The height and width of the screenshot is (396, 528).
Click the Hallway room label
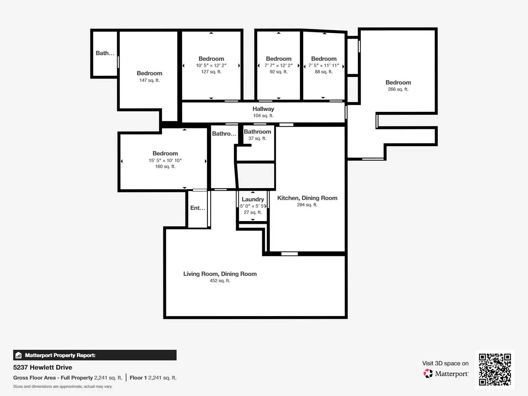(x=263, y=109)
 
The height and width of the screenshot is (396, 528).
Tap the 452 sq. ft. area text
(x=220, y=280)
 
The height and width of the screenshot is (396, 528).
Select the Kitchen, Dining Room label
(x=307, y=198)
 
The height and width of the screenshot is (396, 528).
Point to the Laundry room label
(x=253, y=199)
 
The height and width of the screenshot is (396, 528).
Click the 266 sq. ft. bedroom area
(x=398, y=89)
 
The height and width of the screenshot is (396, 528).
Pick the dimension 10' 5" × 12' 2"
(x=211, y=65)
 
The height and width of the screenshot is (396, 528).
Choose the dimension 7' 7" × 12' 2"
(x=278, y=65)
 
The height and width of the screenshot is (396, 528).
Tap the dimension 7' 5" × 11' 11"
(x=323, y=65)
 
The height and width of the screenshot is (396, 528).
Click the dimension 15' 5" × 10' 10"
(x=165, y=160)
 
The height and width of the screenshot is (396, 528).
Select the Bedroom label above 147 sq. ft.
(x=149, y=73)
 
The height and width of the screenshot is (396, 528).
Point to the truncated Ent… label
(x=198, y=208)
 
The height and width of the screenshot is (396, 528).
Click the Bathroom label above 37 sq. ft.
(x=257, y=132)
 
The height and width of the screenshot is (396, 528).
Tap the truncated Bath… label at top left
(x=105, y=53)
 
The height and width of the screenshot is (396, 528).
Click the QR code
(x=495, y=369)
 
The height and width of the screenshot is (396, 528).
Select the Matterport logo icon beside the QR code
(x=428, y=373)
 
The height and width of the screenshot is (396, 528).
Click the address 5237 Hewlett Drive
(x=43, y=367)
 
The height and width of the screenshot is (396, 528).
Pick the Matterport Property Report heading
(x=60, y=355)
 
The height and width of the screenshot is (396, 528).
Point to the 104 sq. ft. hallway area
(x=263, y=115)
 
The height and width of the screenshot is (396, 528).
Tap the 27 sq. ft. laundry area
(x=253, y=212)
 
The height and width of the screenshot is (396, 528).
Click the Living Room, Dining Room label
(x=220, y=274)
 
